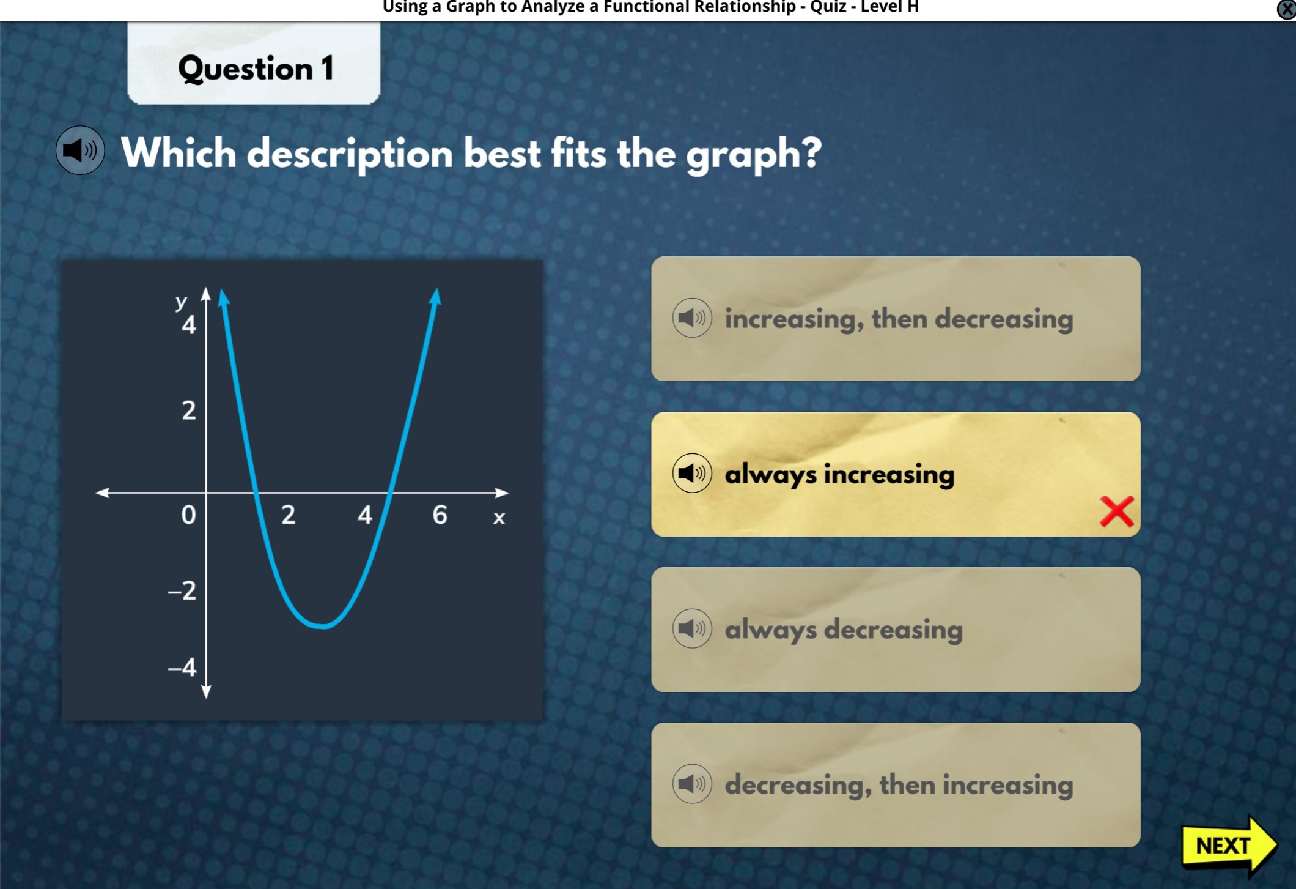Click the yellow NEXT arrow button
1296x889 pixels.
tap(1229, 845)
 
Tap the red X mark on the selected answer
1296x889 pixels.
tap(1116, 511)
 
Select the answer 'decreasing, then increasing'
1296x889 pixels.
tap(896, 785)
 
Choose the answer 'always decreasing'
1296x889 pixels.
tap(896, 630)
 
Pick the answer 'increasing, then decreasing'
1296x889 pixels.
tap(896, 319)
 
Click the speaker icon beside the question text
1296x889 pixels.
tap(80, 151)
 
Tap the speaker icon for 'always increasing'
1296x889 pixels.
tap(692, 473)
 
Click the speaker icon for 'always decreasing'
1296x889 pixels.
tap(692, 628)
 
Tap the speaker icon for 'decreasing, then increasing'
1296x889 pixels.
tap(692, 784)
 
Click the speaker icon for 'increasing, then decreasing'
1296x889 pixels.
tap(692, 318)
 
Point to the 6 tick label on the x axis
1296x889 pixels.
tap(440, 515)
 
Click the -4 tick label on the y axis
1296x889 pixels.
tap(182, 667)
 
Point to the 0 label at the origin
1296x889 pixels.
tap(189, 515)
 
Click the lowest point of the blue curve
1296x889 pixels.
tap(323, 626)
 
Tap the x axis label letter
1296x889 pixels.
tap(499, 518)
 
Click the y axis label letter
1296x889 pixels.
tap(181, 302)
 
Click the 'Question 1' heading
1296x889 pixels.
tap(256, 68)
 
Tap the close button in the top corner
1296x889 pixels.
tap(1286, 9)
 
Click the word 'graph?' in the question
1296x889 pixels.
tap(754, 154)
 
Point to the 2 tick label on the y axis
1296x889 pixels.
tap(189, 410)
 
